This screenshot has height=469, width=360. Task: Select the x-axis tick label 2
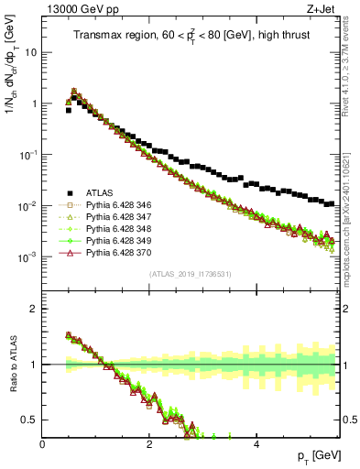tap(149, 444)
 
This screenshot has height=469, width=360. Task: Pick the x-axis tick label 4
tap(256, 444)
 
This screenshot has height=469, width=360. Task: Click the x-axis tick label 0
tap(43, 444)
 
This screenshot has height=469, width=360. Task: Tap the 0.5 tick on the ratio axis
tap(31, 420)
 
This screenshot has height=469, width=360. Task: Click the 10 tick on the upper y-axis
tap(29, 52)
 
